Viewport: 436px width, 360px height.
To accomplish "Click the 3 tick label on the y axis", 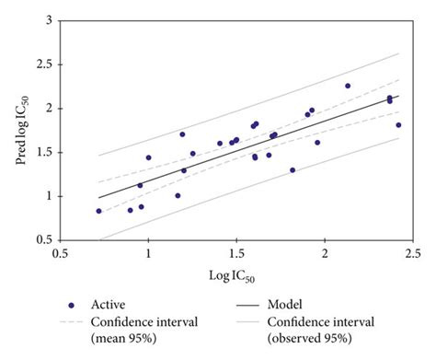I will pos(46,20).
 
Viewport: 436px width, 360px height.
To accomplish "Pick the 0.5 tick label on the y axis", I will pos(42,240).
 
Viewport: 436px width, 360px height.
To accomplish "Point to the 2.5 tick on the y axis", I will pos(42,64).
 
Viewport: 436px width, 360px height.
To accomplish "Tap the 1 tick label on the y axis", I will pos(46,196).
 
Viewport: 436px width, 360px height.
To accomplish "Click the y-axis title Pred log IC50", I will pos(19,129).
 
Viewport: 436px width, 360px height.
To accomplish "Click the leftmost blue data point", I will pos(99,211).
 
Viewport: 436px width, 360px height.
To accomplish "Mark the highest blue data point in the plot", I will pos(348,86).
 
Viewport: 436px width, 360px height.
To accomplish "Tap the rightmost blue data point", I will pos(398,124).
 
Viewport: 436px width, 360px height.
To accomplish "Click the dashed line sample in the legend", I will pos(74,322).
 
